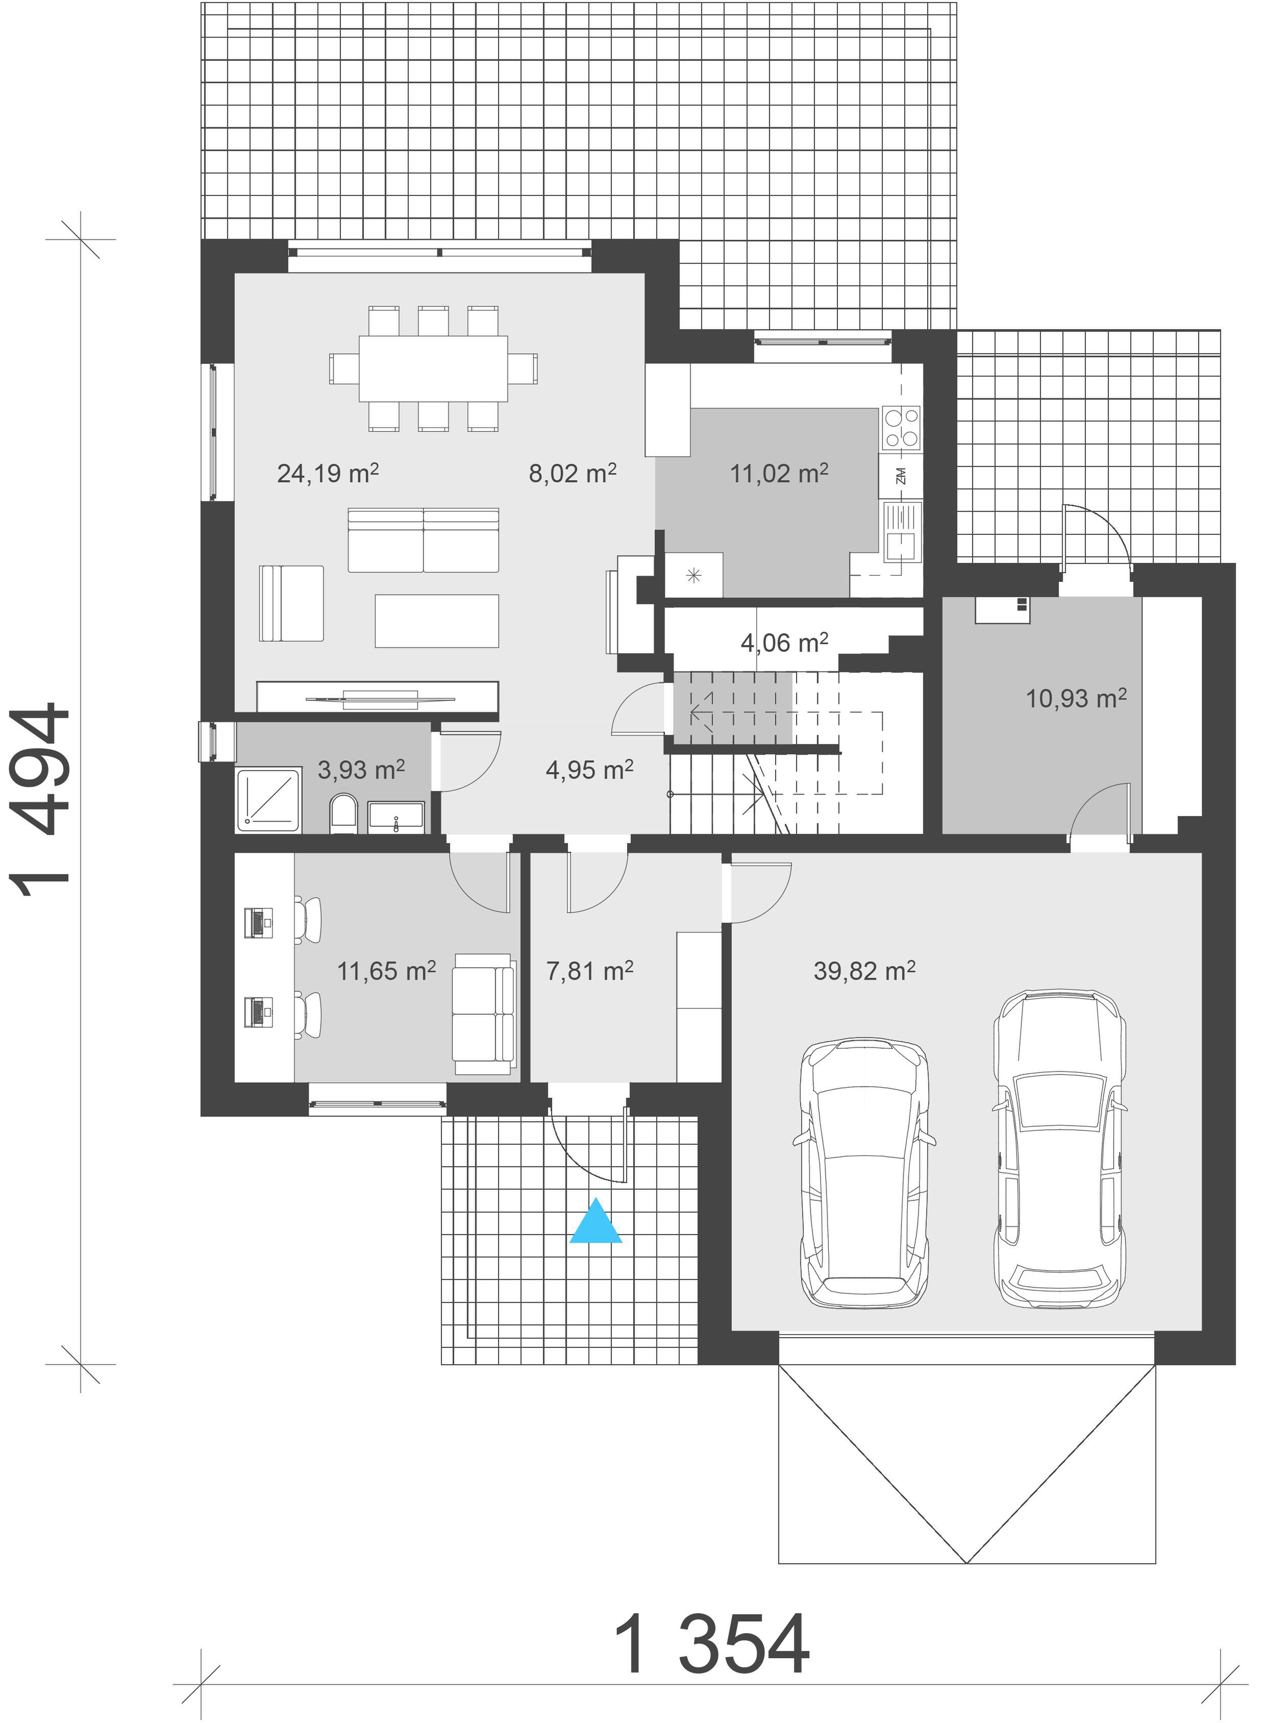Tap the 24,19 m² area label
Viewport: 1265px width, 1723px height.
328,473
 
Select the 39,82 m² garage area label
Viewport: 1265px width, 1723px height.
864,971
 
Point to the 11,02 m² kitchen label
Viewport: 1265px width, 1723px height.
779,473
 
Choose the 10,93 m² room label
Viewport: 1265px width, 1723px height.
1076,698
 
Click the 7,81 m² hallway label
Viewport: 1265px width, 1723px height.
589,971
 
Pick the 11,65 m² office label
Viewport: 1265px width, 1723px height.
387,971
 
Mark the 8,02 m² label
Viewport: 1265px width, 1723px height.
573,473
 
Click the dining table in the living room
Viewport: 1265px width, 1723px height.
433,368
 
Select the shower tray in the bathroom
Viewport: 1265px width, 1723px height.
269,800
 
